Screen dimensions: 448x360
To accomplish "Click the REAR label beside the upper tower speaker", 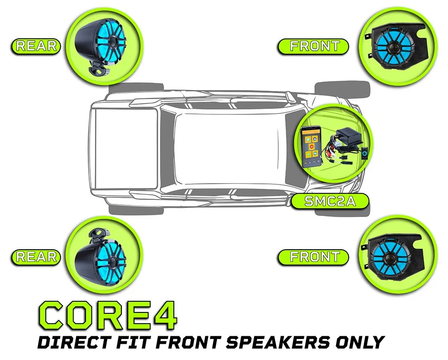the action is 36,46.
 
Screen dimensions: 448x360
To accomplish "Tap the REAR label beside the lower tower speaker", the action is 36,256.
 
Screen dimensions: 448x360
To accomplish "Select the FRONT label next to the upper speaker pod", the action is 314,46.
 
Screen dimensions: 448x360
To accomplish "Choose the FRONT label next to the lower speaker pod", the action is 314,256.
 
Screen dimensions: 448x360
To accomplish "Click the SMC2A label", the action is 330,201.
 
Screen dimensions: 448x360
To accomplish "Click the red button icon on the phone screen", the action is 312,147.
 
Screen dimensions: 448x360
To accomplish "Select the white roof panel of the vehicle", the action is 226,149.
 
